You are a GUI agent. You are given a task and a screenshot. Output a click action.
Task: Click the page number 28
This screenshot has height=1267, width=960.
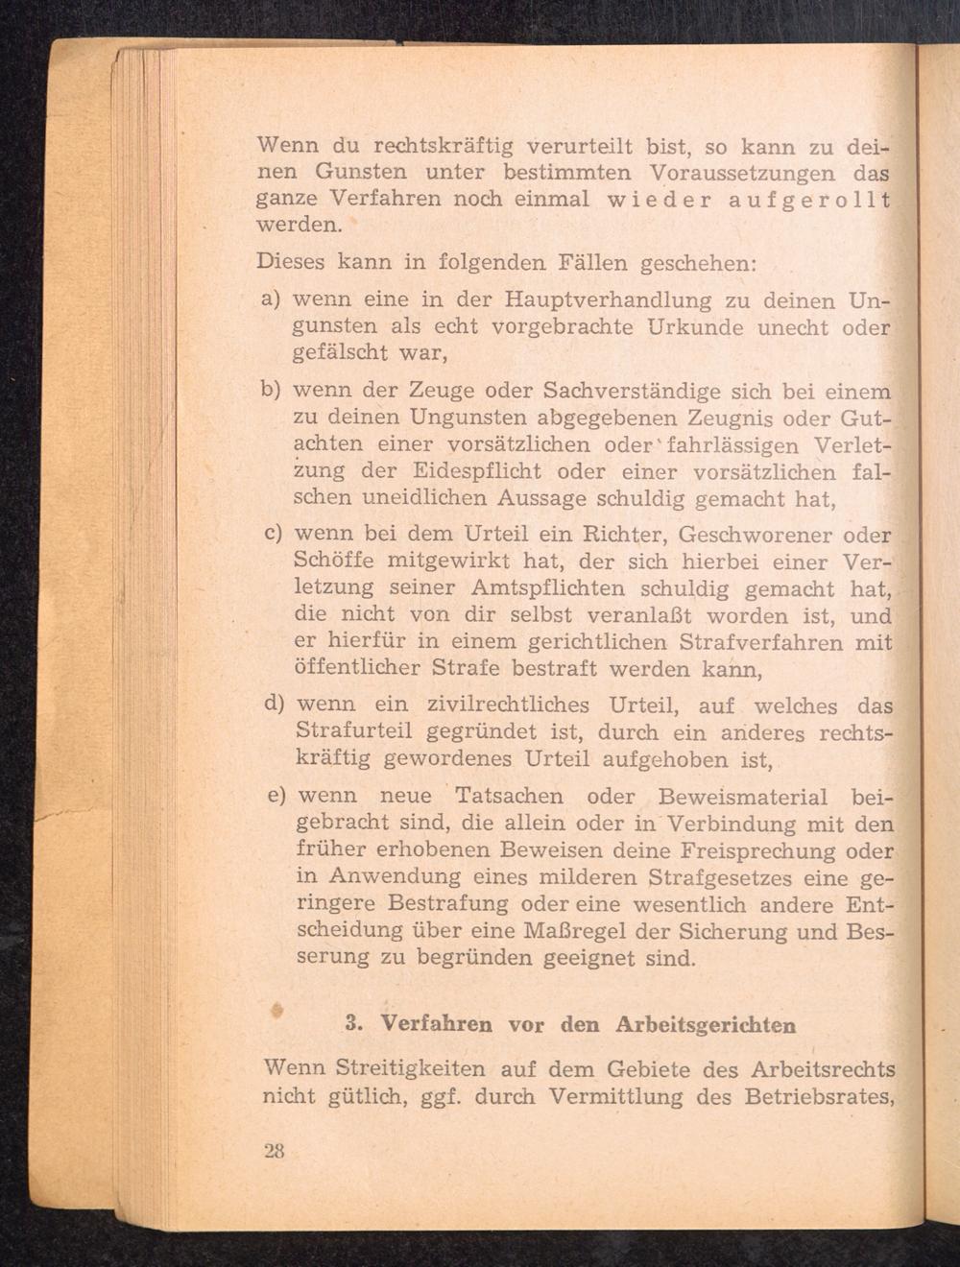coord(274,1152)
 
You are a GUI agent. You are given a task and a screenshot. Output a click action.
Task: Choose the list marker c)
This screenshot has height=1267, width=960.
coord(272,533)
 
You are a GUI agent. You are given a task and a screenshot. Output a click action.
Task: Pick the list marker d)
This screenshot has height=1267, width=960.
coord(274,705)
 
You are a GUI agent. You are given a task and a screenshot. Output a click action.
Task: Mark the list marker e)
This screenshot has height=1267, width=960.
coord(276,796)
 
